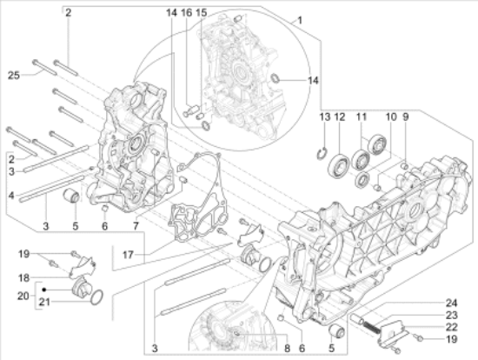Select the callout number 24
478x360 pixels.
450,303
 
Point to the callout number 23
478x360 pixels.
450,316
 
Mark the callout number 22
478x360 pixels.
450,327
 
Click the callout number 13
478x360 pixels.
324,117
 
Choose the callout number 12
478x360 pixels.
340,117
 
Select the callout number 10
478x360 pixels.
390,117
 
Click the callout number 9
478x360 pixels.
405,117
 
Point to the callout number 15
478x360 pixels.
201,13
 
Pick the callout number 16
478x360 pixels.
186,13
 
